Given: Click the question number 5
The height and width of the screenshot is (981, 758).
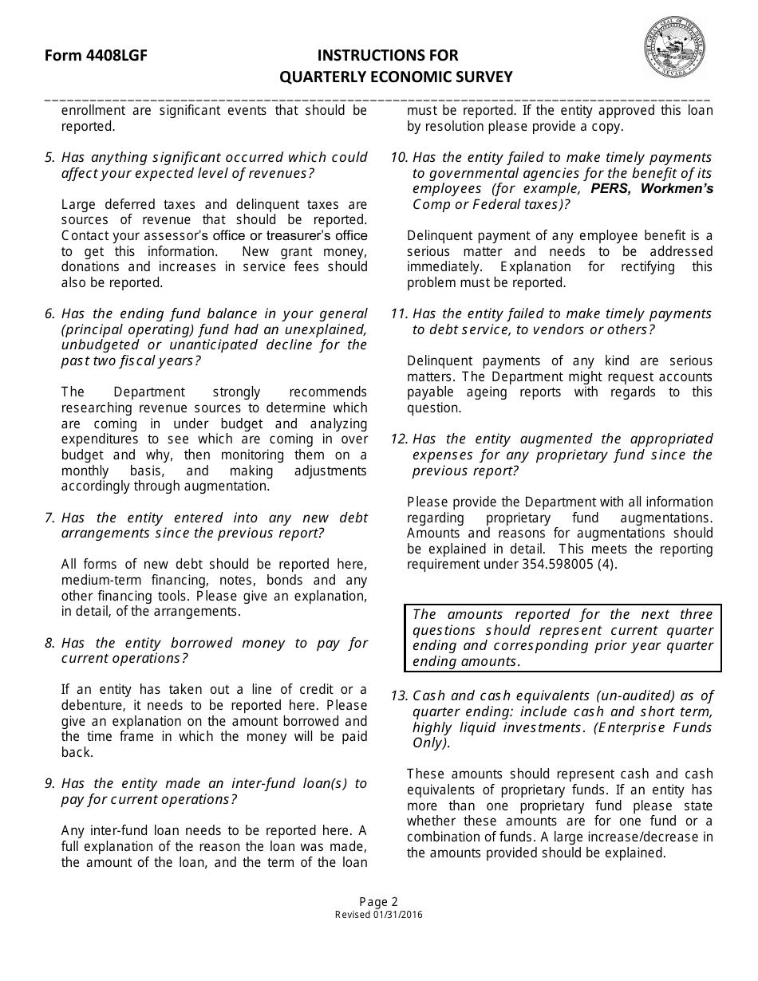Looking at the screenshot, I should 49,158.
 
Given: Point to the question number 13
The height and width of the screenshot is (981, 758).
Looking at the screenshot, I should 399,696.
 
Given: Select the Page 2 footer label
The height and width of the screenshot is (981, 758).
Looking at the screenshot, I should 379,902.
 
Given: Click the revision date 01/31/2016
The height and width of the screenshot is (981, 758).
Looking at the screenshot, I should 397,915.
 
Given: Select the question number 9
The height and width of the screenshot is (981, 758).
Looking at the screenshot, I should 49,784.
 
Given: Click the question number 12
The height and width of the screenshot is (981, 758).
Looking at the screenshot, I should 399,439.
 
